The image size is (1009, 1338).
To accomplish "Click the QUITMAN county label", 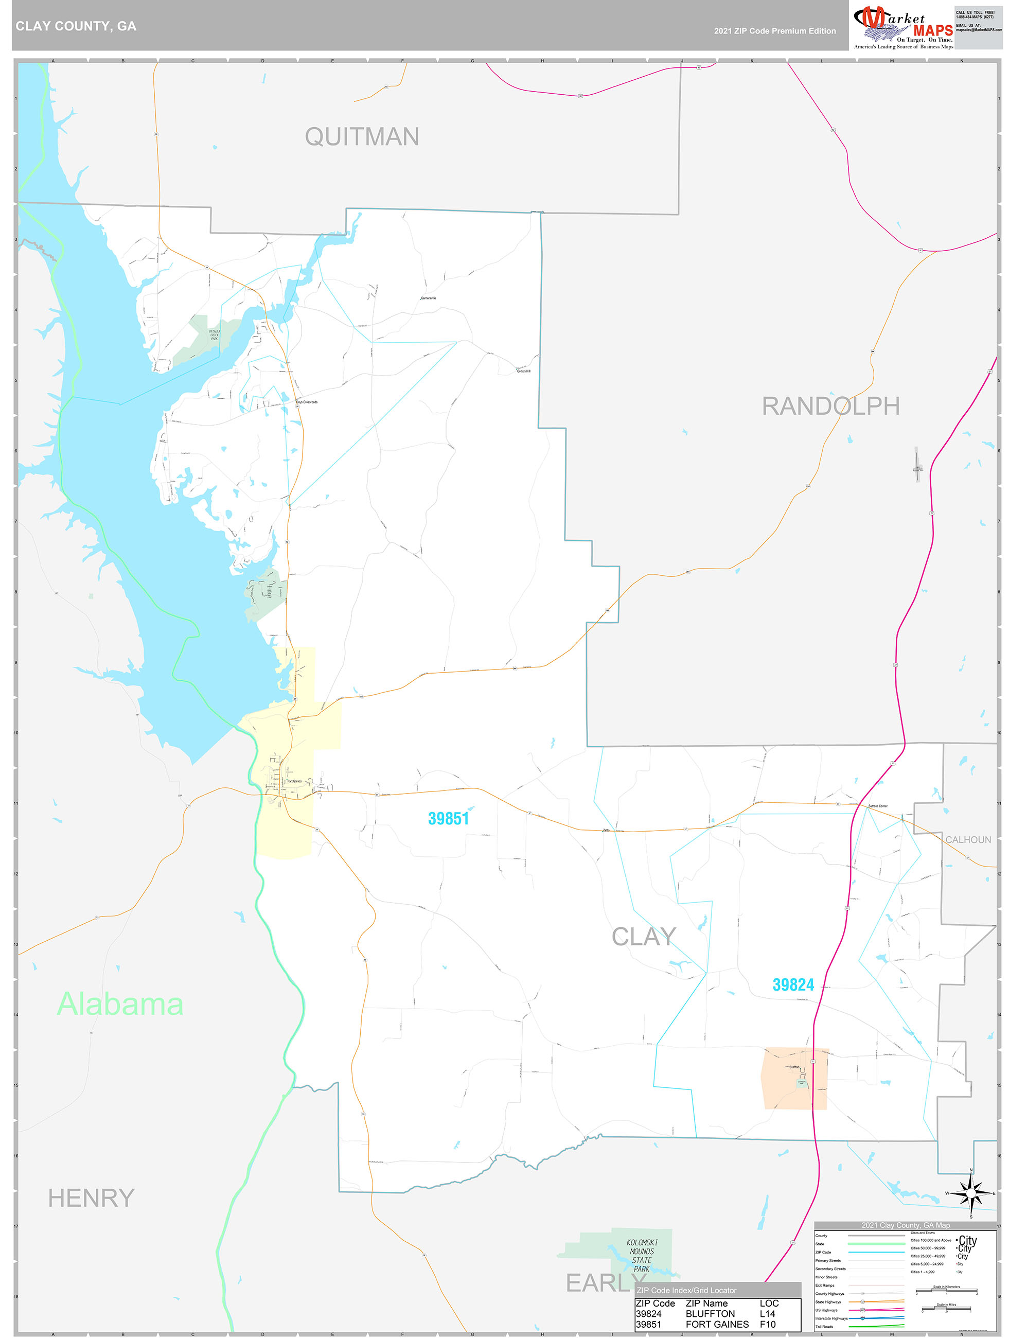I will pyautogui.click(x=362, y=137).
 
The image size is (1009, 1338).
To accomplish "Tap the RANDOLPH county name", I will pyautogui.click(x=830, y=406).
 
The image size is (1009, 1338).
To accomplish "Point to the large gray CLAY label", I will pyautogui.click(x=644, y=937).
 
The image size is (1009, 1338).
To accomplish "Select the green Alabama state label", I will pyautogui.click(x=120, y=1005).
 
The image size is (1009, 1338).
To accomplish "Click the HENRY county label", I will pyautogui.click(x=92, y=1198).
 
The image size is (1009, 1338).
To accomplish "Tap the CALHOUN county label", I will pyautogui.click(x=968, y=839).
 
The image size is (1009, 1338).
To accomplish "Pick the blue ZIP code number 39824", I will pyautogui.click(x=793, y=985).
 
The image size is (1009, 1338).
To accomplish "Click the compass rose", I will pyautogui.click(x=971, y=1193).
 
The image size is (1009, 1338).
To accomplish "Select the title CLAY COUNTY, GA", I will pyautogui.click(x=76, y=26).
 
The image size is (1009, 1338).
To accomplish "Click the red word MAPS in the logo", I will pyautogui.click(x=933, y=31).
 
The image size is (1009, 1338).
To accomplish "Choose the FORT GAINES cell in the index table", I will pyautogui.click(x=717, y=1325).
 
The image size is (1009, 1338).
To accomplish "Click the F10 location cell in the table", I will pyautogui.click(x=768, y=1325).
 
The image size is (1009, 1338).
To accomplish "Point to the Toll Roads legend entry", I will pyautogui.click(x=824, y=1327).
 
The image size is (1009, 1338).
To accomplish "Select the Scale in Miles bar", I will pyautogui.click(x=946, y=1310).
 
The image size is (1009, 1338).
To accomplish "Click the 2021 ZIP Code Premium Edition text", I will pyautogui.click(x=774, y=31).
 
